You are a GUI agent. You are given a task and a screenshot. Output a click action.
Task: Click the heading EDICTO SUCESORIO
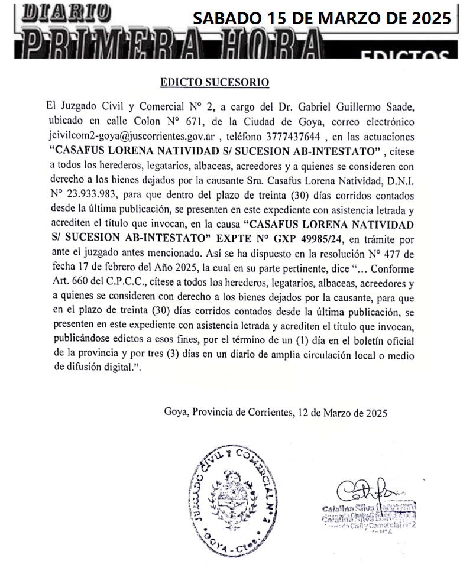215,83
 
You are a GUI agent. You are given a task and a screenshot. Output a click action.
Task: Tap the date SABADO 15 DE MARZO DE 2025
322,18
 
